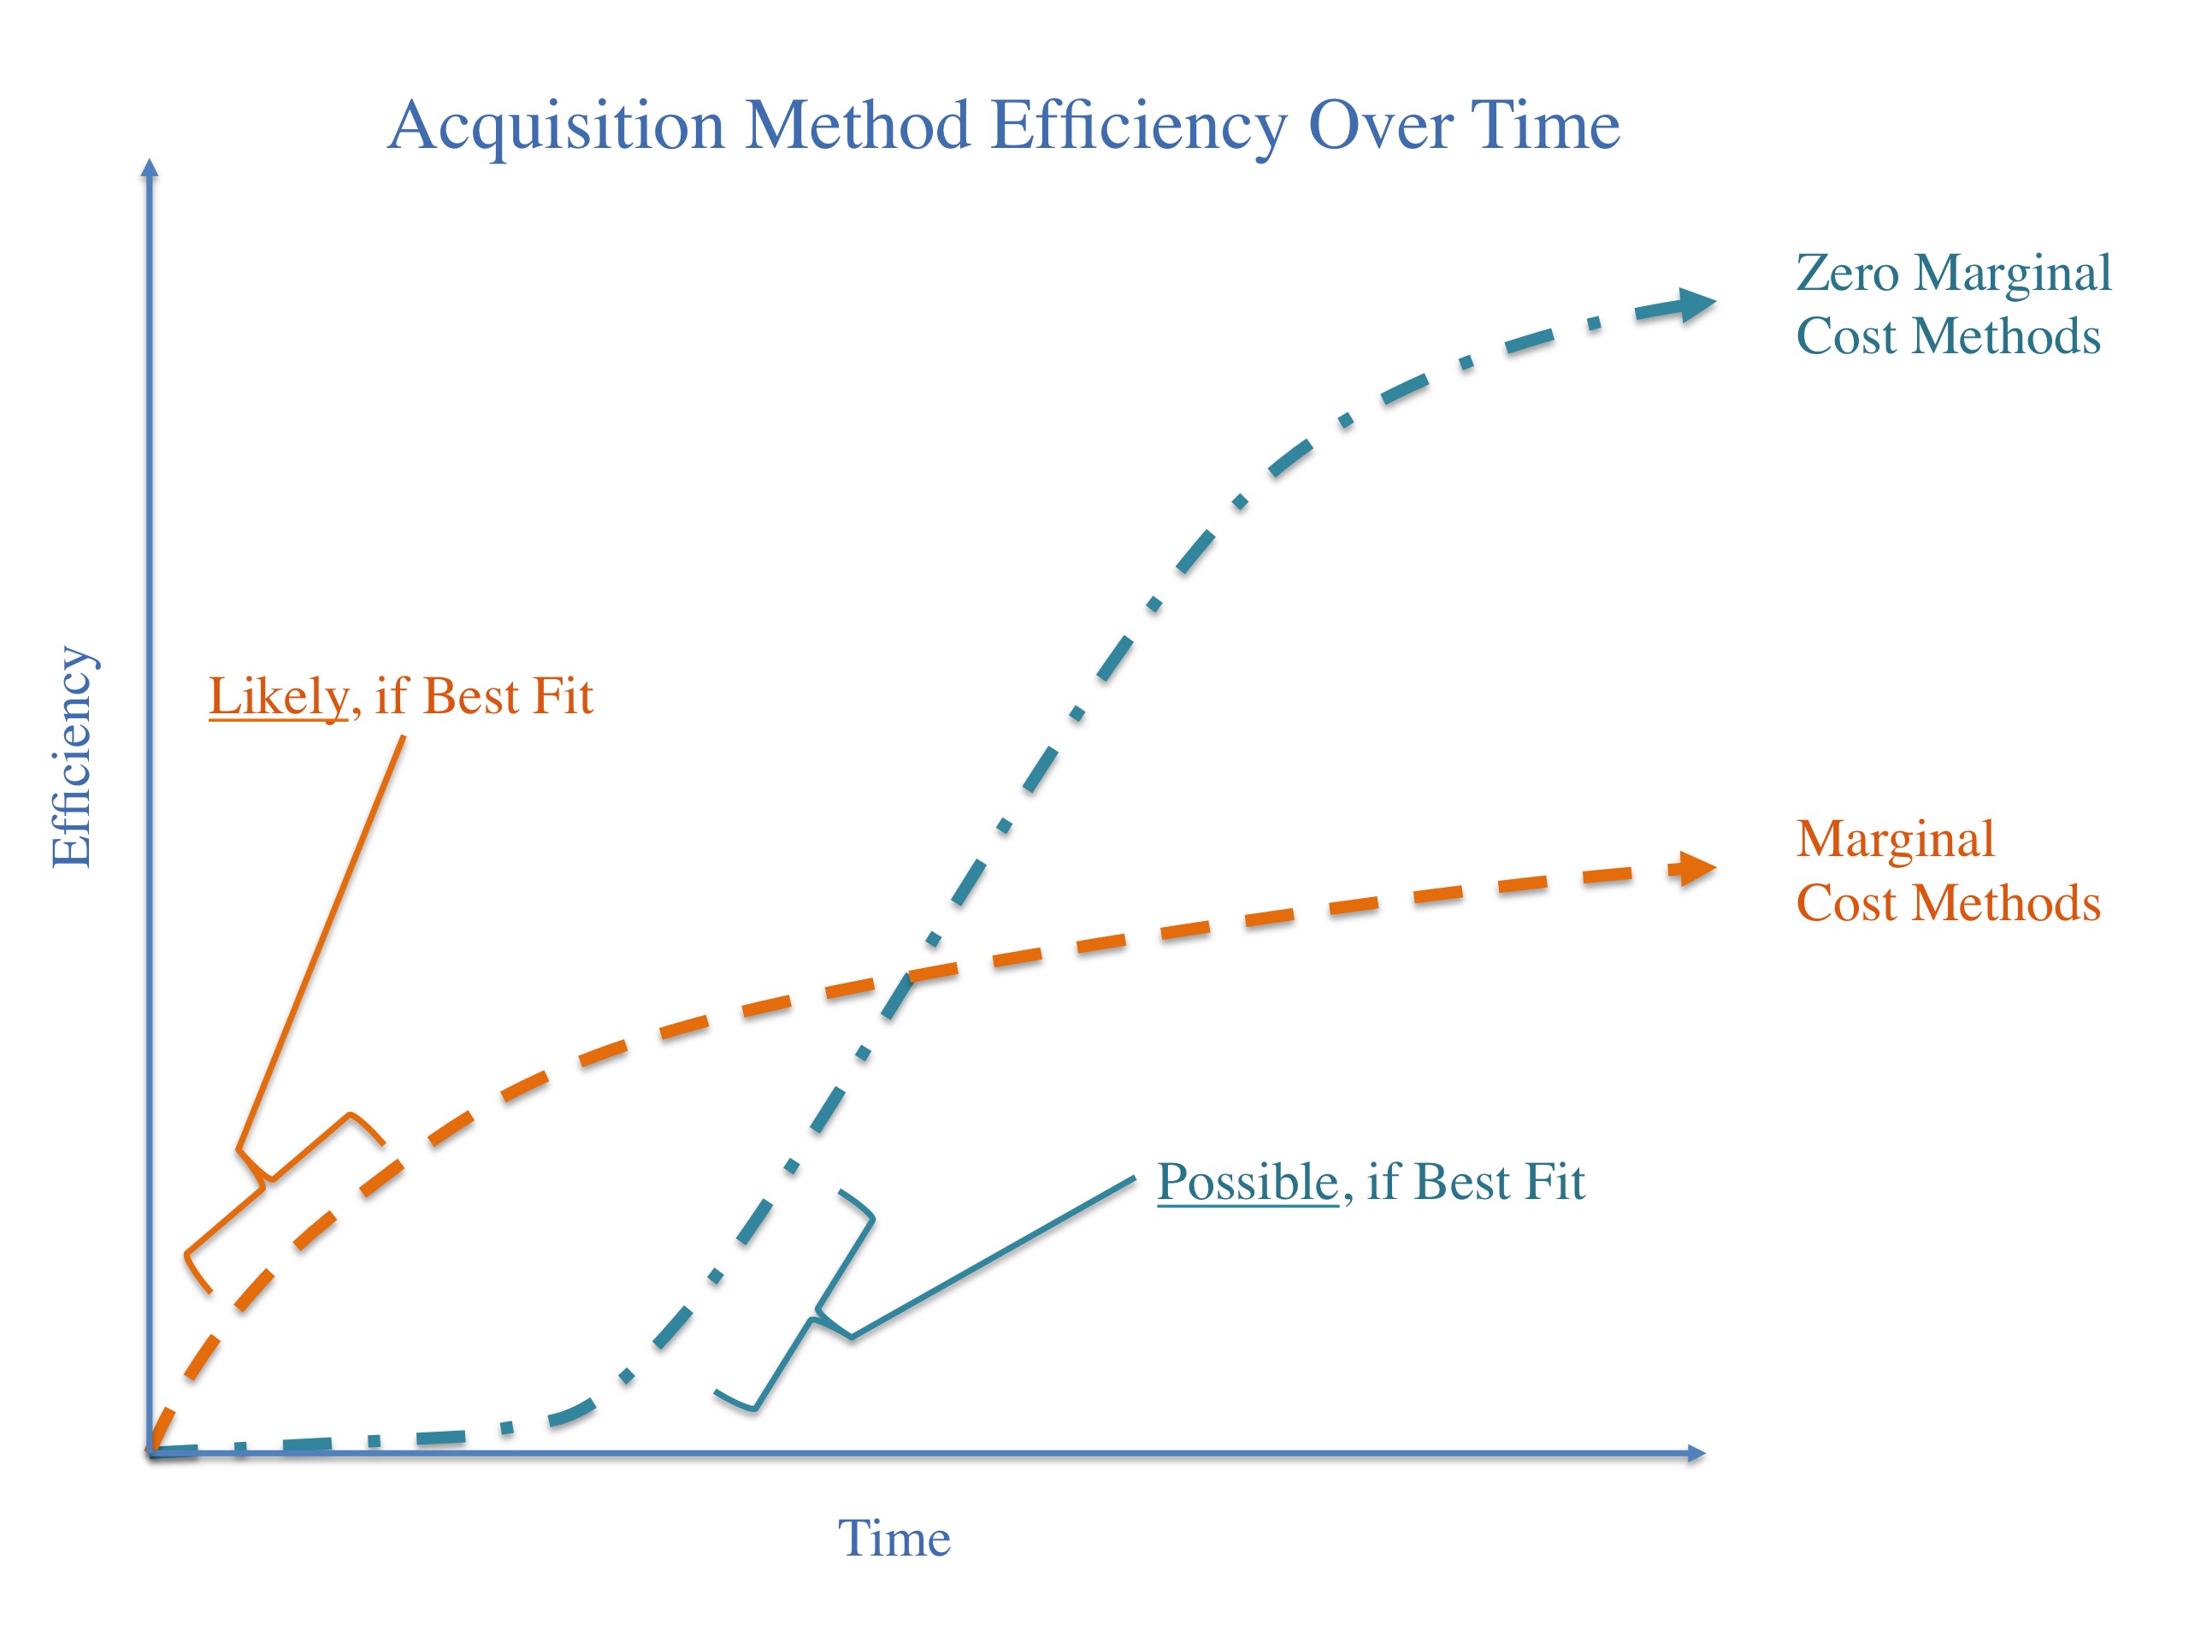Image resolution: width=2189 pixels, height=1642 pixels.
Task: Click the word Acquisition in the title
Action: click(556, 127)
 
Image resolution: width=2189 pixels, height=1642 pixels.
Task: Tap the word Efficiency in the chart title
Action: click(1139, 127)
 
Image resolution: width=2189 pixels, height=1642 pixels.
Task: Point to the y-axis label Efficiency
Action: click(71, 757)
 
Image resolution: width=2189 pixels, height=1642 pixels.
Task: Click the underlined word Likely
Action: click(278, 697)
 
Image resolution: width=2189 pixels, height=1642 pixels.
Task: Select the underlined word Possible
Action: click(1247, 1183)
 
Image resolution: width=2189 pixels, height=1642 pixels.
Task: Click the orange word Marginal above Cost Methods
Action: click(1895, 839)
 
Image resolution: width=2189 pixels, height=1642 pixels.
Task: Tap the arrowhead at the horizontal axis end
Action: click(1696, 1453)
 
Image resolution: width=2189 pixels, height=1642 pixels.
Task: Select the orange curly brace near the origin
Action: click(267, 1183)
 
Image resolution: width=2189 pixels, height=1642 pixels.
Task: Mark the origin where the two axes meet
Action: click(150, 1453)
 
